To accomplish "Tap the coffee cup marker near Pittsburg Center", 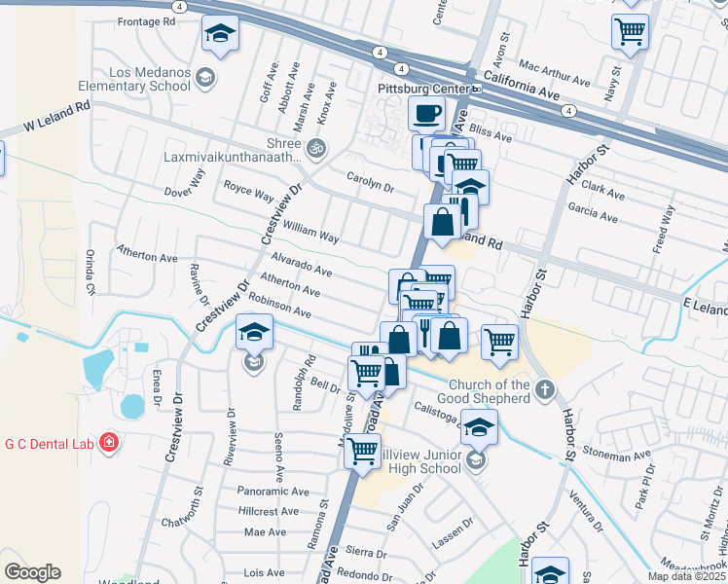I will click(426, 114).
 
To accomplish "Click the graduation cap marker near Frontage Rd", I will click(221, 34).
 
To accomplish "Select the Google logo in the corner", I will click(32, 572).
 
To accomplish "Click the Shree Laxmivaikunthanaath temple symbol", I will click(314, 149).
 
